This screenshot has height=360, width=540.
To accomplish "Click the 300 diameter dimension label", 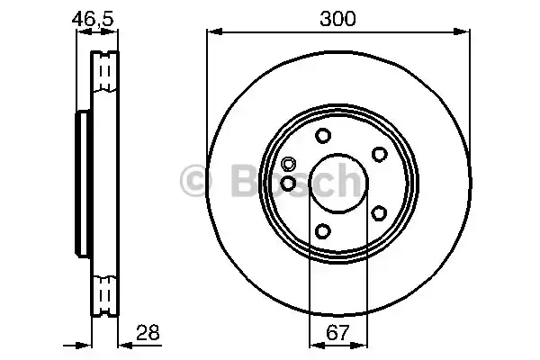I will click(x=337, y=18).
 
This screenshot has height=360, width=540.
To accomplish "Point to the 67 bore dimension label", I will click(x=337, y=333).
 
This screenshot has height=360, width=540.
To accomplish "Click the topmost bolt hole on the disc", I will click(x=322, y=137).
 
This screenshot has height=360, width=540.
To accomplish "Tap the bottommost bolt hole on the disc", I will click(x=322, y=232).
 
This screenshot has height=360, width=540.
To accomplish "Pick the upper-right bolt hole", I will click(x=379, y=155).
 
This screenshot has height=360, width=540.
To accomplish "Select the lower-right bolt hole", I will click(x=379, y=213).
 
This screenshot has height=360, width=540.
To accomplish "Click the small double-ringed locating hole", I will click(x=288, y=164).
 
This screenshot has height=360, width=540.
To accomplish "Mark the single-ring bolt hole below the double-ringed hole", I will click(x=287, y=183).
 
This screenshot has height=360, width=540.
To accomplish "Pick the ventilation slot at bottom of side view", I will click(x=105, y=294).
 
